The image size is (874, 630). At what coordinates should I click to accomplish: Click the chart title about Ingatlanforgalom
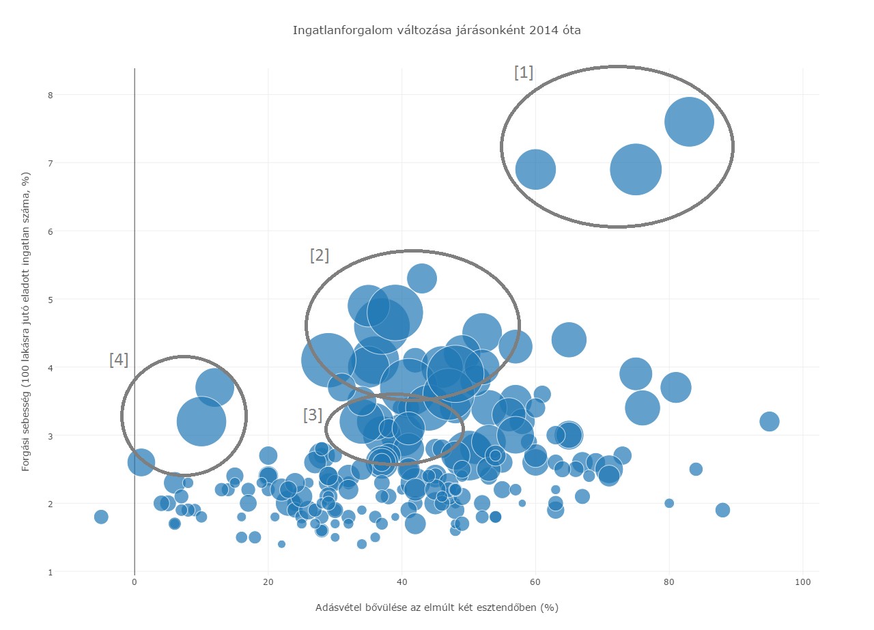coord(436,30)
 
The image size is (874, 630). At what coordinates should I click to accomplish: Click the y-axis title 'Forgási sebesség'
coord(25,321)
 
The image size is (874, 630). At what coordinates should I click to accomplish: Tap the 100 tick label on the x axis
coord(803,582)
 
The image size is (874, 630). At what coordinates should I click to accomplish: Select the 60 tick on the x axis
coord(535,582)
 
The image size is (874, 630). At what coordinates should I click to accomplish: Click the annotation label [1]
coord(523,72)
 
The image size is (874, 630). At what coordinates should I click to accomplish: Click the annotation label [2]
coord(319,255)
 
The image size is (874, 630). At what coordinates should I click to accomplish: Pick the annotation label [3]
coord(312,415)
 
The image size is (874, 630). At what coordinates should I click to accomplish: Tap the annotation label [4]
coord(118,360)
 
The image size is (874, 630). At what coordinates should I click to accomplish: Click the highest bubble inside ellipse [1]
coord(689,121)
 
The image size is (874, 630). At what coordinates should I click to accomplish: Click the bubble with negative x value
coord(101,517)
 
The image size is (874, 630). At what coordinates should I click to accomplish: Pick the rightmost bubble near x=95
coord(770,421)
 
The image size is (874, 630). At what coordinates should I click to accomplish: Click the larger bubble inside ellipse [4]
coord(201,421)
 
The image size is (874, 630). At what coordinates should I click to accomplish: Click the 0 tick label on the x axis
coord(135,582)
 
